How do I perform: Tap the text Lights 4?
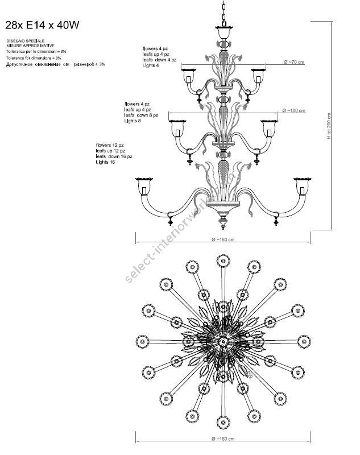tap(151, 66)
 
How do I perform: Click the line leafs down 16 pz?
tap(114, 156)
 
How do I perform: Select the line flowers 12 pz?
tap(110, 145)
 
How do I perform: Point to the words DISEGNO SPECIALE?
tap(22, 42)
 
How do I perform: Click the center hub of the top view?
tap(222, 341)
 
